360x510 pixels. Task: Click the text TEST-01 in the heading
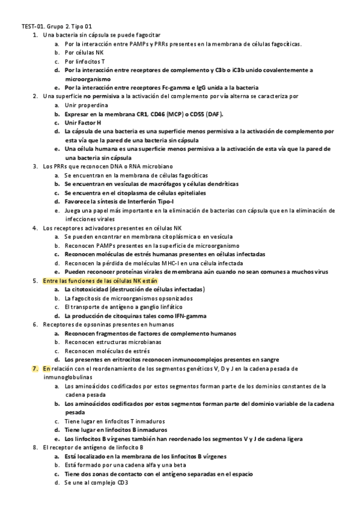pos(32,26)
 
